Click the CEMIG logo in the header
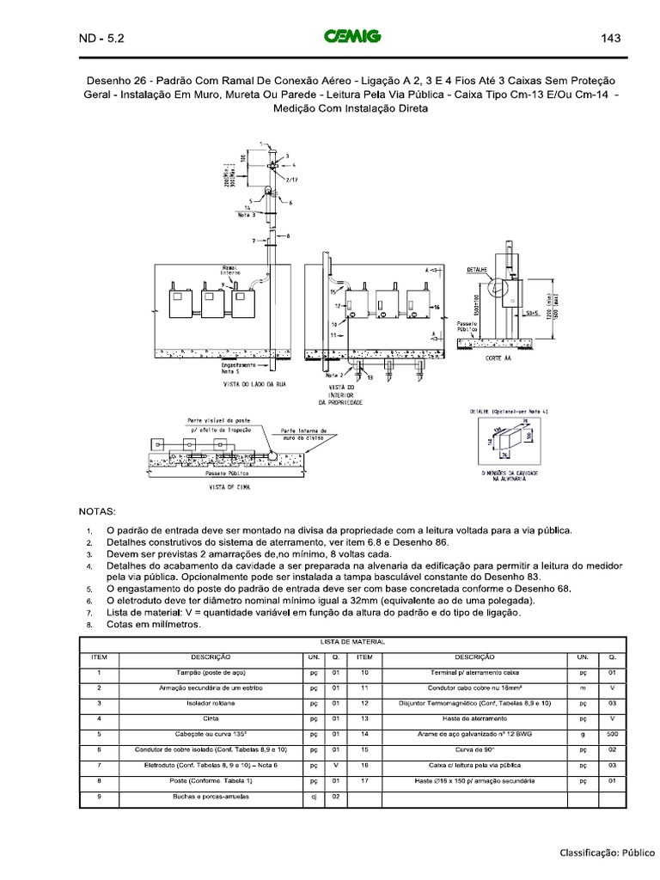tap(352, 37)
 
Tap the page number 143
tap(611, 38)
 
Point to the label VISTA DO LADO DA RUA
tap(254, 384)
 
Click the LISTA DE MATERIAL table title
tap(353, 642)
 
